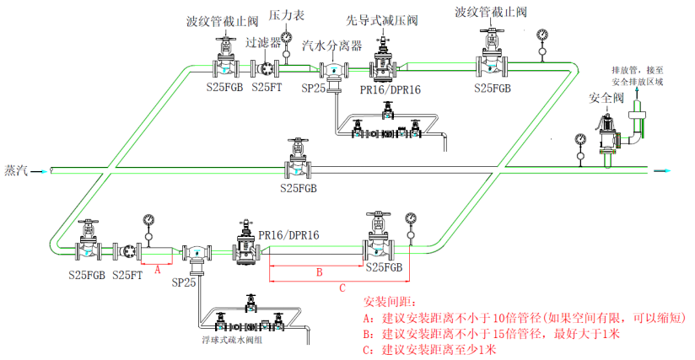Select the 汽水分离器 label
(x=332, y=45)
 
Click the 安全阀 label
(x=606, y=99)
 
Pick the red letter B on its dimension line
(x=318, y=271)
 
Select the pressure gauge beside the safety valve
(x=579, y=139)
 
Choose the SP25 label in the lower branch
(x=183, y=283)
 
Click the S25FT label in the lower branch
(x=127, y=275)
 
